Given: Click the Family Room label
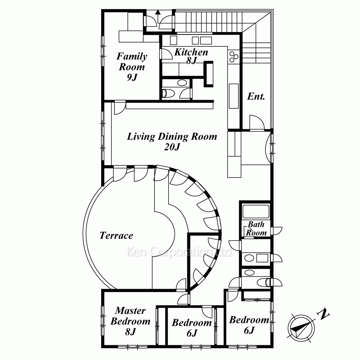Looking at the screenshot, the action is point(132,62).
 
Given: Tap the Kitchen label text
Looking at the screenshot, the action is point(191,52).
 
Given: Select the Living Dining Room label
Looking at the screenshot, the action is point(172,136).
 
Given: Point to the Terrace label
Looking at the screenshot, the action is point(116,235).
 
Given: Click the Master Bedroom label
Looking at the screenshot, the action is point(130,316).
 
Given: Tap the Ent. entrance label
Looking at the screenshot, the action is point(256,96).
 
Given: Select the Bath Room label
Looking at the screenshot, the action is point(256,229).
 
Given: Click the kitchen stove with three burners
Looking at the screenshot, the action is point(234,57).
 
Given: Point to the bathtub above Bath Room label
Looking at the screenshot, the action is point(256,211).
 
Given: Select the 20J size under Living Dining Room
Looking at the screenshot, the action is point(172,147).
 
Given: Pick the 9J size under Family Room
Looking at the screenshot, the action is point(132,77).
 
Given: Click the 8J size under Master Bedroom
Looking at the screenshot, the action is point(130,332).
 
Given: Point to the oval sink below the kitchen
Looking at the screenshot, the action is point(182,83).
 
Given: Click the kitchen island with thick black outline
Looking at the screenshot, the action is point(209,74).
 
